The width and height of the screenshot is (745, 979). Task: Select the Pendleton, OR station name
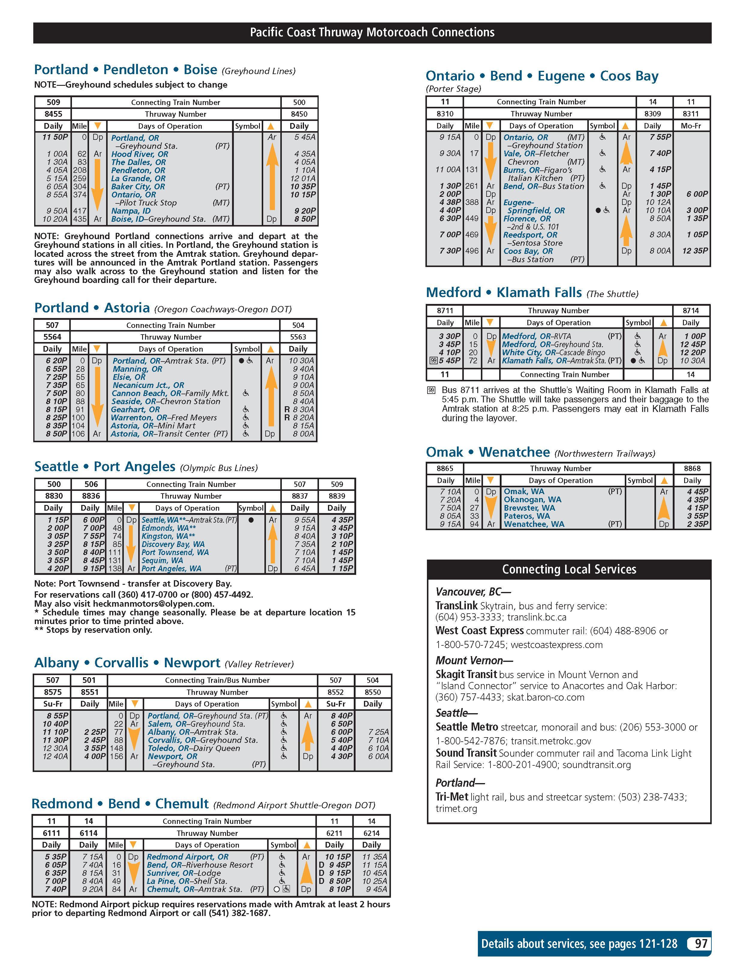coord(138,170)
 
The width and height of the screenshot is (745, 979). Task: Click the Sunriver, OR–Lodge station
coord(183,873)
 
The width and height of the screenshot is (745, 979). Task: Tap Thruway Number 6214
coord(372,833)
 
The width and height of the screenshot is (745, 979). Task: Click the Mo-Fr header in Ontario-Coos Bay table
coord(691,126)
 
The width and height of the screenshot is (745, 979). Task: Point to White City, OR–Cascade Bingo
coord(553,352)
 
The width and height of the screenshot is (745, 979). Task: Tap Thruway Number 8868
coord(692,468)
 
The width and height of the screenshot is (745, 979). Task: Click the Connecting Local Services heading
coord(569,569)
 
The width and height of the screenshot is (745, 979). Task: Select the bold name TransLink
coord(456,606)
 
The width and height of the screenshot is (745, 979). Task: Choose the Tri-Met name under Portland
coord(451,797)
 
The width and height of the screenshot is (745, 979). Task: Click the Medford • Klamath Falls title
coord(504,293)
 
